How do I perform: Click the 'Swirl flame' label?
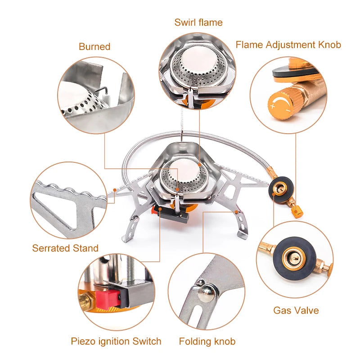coord(198,22)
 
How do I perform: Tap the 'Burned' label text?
coord(94,46)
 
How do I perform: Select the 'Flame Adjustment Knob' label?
coord(288,45)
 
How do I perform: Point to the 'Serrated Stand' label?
coord(65,248)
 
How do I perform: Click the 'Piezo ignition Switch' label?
coord(116,341)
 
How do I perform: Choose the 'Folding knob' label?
coord(207,341)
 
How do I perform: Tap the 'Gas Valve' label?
coord(296,310)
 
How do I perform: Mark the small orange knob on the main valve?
coord(295,211)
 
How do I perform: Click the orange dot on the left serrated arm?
coord(115,190)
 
